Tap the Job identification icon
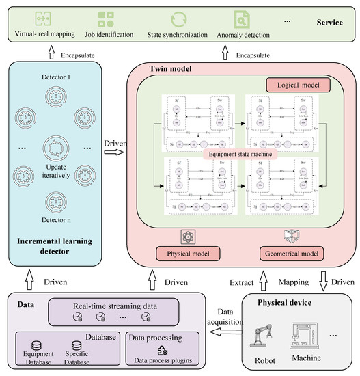(x=106, y=18)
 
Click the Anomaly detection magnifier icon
(x=241, y=18)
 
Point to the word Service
(x=329, y=23)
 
